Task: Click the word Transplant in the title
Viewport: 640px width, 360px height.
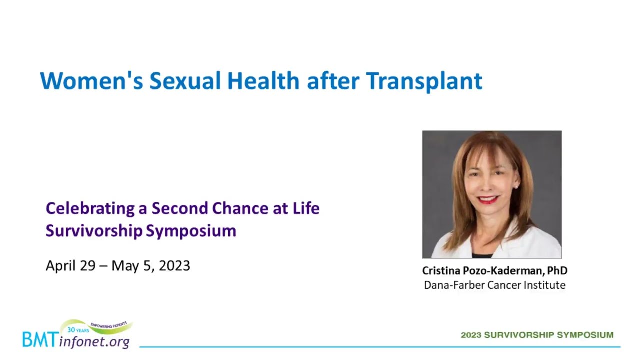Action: [424, 81]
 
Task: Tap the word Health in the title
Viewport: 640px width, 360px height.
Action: [263, 81]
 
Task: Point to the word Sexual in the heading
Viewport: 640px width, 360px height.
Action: [185, 81]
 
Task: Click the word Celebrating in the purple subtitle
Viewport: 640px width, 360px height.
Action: [90, 208]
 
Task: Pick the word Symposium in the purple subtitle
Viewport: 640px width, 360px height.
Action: [191, 231]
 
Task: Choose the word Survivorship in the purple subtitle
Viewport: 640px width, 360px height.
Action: [94, 231]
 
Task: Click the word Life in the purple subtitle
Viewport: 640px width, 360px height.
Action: [306, 208]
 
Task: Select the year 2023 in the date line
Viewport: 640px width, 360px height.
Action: [174, 266]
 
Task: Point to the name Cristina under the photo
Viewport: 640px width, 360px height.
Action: [441, 271]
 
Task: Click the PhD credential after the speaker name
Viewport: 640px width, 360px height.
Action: [557, 271]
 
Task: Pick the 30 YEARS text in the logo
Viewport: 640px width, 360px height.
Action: [78, 330]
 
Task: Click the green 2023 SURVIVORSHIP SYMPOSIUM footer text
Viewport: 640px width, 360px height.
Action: [537, 335]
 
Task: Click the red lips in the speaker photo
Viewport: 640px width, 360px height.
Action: [488, 199]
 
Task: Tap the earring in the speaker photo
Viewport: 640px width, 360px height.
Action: [516, 187]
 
